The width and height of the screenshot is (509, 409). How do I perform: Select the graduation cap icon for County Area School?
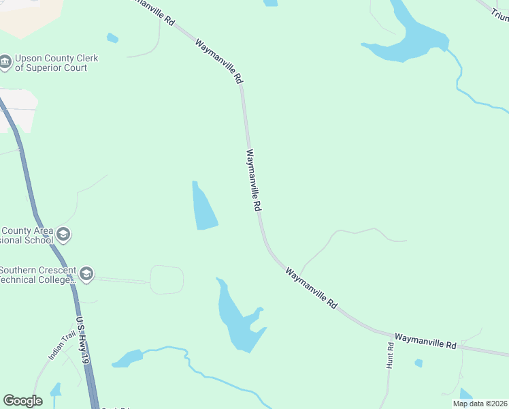coord(63,235)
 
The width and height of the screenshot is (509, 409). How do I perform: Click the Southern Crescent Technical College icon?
coord(86,275)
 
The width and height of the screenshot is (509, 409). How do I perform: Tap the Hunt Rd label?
coord(390,355)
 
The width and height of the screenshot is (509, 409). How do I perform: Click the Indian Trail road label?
coord(59,346)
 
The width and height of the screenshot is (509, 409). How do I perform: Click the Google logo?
coord(22,401)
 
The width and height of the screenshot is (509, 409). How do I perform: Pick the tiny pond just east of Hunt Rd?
coord(418,363)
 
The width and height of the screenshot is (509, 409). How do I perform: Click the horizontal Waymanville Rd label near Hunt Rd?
coord(425,341)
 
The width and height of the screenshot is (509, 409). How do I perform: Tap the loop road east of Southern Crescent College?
coord(167,279)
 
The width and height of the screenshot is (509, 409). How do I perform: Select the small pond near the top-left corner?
coord(112,38)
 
